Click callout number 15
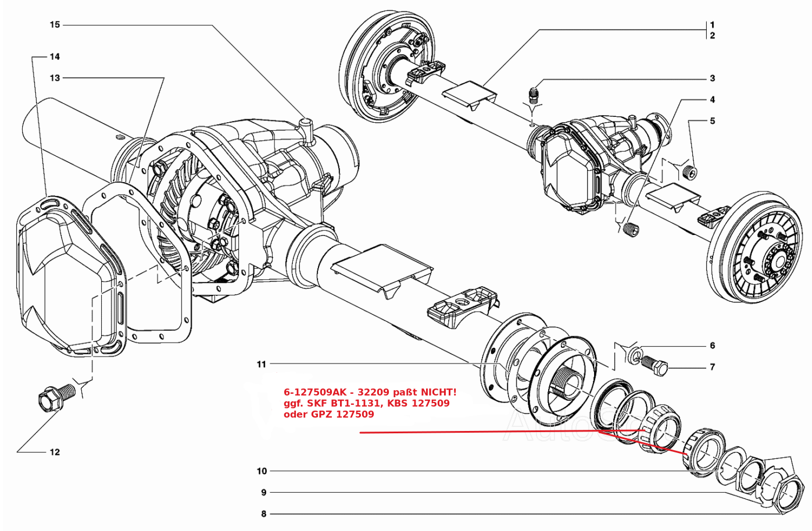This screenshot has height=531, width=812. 55,25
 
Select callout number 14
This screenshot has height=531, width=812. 55,57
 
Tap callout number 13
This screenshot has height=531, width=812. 55,78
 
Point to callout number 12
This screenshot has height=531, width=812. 55,452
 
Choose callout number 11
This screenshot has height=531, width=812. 262,364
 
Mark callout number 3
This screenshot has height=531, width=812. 712,79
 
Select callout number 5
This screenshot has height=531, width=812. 712,121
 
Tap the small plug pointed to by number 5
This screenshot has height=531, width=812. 691,172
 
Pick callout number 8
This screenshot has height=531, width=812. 264,514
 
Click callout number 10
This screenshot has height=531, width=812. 262,471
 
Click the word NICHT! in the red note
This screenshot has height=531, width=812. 436,392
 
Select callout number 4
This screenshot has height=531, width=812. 712,100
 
